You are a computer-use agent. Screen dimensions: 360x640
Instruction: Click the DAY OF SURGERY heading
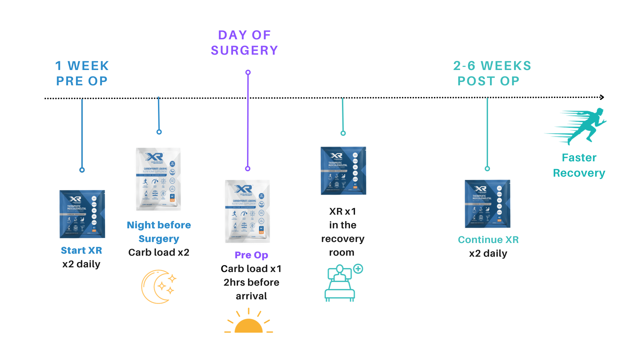point(244,43)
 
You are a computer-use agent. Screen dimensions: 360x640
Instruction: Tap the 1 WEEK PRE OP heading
point(82,73)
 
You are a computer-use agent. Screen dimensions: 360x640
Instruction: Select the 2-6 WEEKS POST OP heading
point(492,73)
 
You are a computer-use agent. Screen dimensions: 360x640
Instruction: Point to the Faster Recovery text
point(579,165)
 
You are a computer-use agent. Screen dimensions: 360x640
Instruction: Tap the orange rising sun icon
point(249,323)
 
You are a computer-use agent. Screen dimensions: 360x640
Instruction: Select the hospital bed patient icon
point(340,283)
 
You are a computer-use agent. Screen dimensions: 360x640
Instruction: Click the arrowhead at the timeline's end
point(602,97)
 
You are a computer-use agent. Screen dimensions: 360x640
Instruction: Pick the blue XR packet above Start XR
point(82,214)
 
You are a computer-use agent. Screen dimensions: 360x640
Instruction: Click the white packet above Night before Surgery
point(159,179)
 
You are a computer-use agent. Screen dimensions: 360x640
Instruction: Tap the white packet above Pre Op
point(247,211)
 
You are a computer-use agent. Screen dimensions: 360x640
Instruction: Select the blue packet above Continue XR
point(488,204)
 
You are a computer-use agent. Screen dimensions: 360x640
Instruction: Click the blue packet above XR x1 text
point(343,171)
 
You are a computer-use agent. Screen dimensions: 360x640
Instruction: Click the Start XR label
point(81,250)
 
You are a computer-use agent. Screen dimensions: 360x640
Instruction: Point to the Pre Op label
point(251,255)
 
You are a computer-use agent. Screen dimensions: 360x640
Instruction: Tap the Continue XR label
point(488,240)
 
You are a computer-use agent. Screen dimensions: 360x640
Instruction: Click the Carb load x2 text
point(159,252)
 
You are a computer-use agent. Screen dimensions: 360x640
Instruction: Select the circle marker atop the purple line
point(248,72)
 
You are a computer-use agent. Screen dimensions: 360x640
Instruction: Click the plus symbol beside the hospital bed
point(358,269)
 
